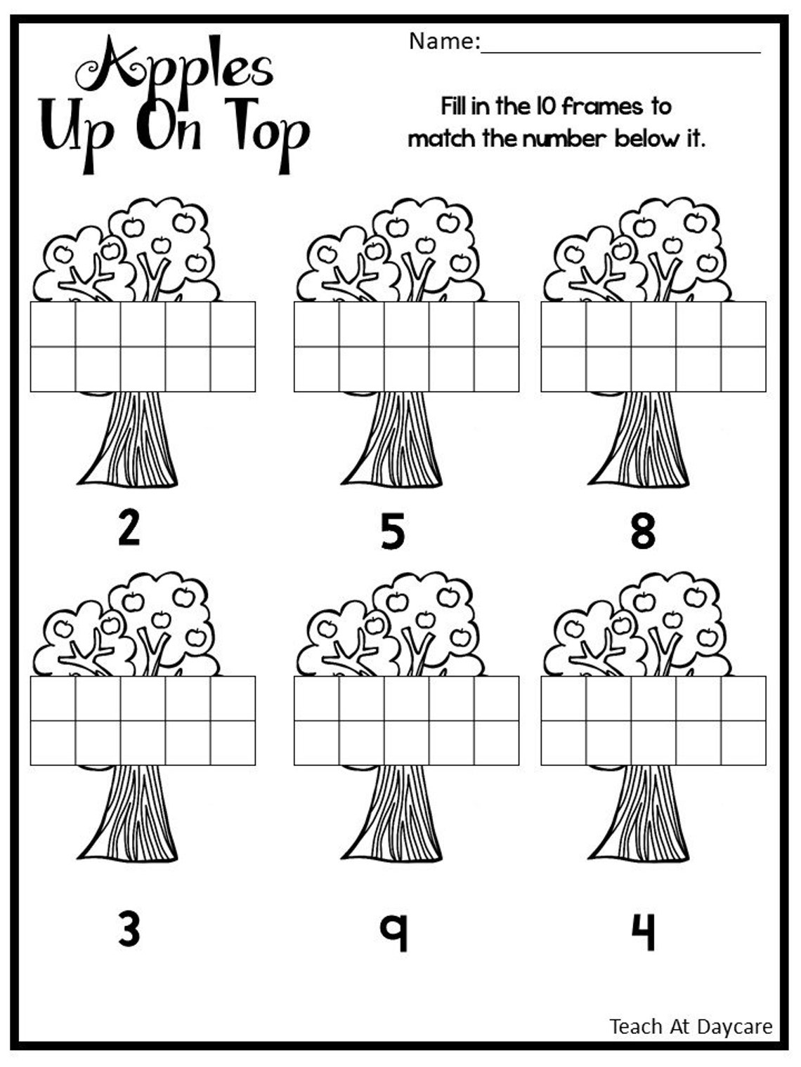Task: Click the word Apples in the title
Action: click(176, 67)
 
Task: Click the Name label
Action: click(443, 41)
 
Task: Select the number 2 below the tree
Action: click(129, 528)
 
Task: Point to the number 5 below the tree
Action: click(393, 531)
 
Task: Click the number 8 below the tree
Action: click(643, 531)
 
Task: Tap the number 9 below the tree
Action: click(394, 930)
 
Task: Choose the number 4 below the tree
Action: click(643, 930)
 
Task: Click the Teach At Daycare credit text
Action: click(691, 1026)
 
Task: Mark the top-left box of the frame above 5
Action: click(317, 324)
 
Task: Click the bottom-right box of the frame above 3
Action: click(233, 743)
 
